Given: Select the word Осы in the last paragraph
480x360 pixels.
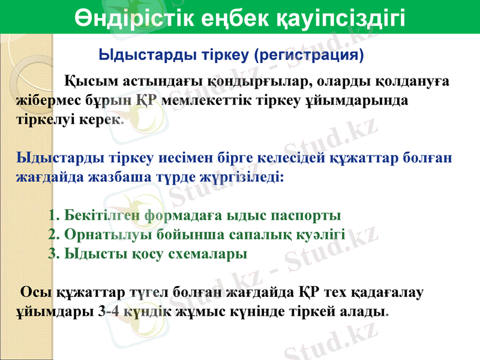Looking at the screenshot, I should [x=35, y=293].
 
